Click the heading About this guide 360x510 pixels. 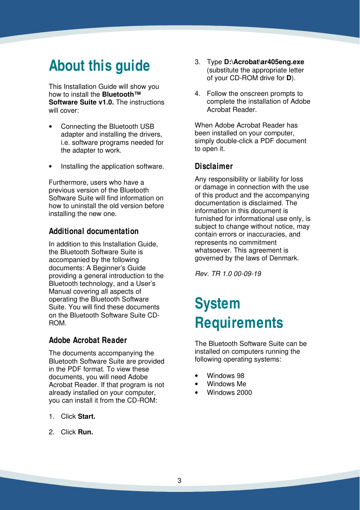pos(99,66)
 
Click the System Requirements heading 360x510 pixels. pos(239,313)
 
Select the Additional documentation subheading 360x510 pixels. pos(94,231)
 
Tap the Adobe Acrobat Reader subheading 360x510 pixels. pos(88,340)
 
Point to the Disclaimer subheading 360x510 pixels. pos(214,166)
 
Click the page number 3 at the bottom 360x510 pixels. pos(180,481)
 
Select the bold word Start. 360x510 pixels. pos(86,416)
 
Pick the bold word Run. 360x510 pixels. pos(85,432)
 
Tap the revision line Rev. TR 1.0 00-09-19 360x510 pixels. pos(228,274)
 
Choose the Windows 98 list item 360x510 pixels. pos(226,376)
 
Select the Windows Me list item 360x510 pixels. pos(226,384)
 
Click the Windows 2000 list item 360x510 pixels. pos(229,392)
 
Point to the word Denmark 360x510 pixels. pos(285,258)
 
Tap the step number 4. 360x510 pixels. pos(197,94)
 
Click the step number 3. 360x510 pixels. pos(197,62)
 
